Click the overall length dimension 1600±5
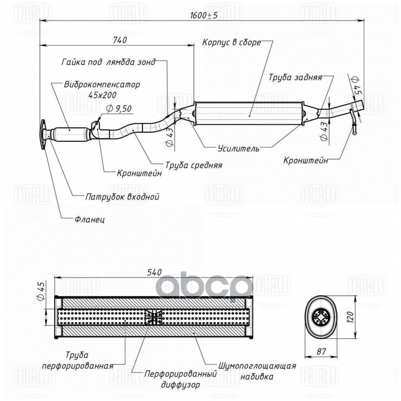click(204, 16)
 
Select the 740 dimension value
click(120, 40)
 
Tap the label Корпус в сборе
click(232, 43)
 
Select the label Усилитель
click(238, 149)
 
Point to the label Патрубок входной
click(122, 196)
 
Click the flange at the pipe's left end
click(44, 134)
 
